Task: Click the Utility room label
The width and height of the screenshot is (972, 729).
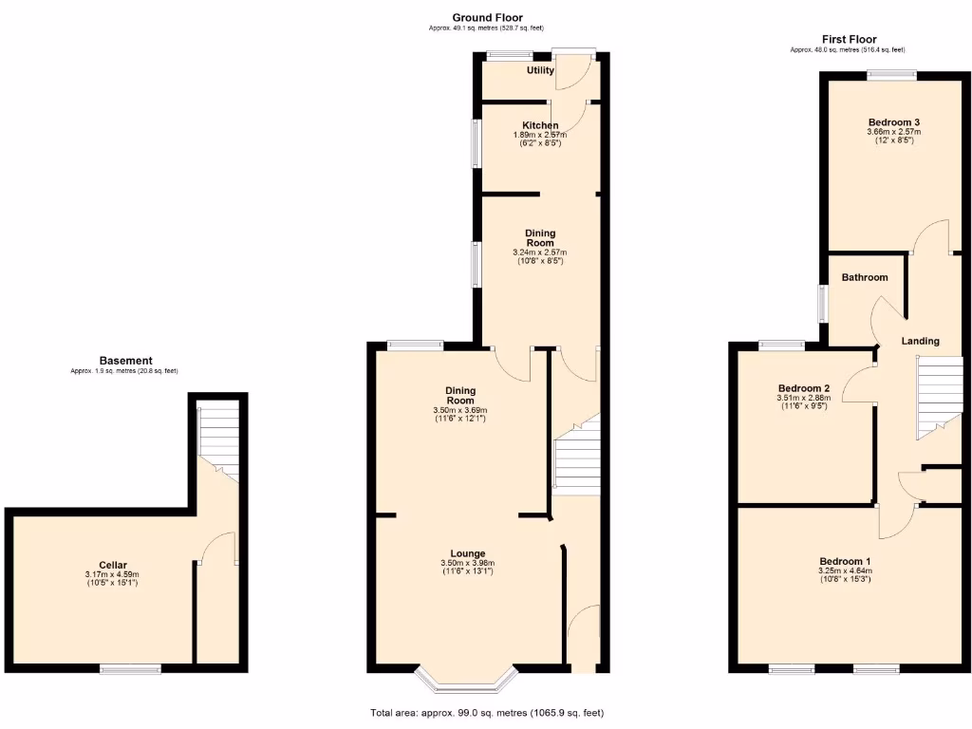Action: (540, 70)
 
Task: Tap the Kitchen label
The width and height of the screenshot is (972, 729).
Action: (540, 125)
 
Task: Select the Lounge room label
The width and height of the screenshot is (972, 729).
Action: (468, 553)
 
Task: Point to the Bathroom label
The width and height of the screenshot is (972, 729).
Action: (865, 277)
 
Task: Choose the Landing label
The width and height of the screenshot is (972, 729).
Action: (921, 341)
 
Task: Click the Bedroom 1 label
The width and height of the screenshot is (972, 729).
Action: (845, 561)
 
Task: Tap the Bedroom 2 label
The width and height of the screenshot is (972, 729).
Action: (804, 388)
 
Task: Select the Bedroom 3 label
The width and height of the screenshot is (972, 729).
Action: (893, 121)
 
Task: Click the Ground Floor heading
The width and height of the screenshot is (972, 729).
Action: (486, 17)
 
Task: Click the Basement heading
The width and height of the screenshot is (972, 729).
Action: (125, 361)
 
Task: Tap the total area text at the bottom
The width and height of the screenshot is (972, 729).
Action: (486, 713)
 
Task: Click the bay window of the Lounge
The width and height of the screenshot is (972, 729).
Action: (468, 679)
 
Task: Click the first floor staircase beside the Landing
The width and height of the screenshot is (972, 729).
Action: (939, 394)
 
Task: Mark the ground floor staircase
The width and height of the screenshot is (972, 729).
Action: (576, 456)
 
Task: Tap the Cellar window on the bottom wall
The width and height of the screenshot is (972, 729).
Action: (131, 669)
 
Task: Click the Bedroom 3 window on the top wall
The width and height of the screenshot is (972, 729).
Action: (891, 75)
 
